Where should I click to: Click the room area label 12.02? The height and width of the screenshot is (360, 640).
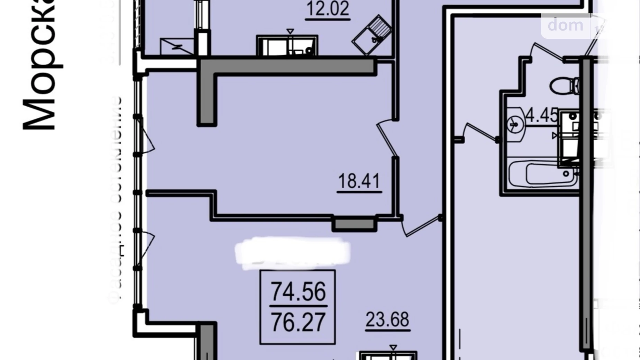click(328, 9)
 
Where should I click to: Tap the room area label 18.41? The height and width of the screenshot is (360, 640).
click(359, 181)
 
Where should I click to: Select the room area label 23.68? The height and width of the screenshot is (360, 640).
click(387, 319)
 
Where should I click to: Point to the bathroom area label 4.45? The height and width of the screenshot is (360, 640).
click(542, 115)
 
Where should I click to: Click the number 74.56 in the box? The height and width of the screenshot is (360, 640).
click(298, 291)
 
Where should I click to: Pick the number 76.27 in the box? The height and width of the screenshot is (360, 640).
click(298, 322)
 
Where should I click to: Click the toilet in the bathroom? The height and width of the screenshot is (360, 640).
click(564, 85)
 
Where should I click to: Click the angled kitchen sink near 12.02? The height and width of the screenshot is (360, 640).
click(372, 35)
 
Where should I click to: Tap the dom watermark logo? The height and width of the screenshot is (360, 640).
click(565, 25)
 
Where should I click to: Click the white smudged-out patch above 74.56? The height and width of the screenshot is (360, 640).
click(292, 253)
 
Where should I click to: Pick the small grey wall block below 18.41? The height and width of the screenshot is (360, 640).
click(354, 224)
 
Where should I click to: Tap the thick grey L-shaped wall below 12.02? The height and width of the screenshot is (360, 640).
click(287, 67)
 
